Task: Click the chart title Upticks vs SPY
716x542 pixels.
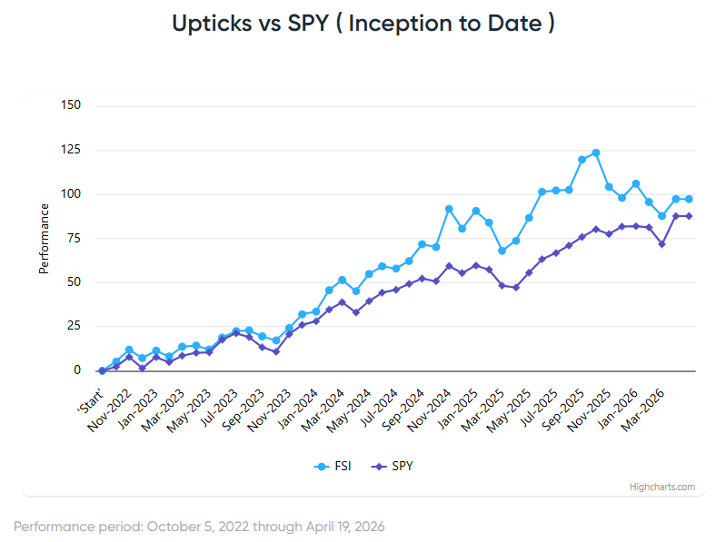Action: click(363, 25)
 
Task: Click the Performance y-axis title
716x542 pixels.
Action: click(43, 238)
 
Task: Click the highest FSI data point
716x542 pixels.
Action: click(595, 153)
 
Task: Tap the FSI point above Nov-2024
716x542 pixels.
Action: click(449, 209)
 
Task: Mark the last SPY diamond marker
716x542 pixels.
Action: click(689, 216)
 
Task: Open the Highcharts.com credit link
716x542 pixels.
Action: click(662, 487)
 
